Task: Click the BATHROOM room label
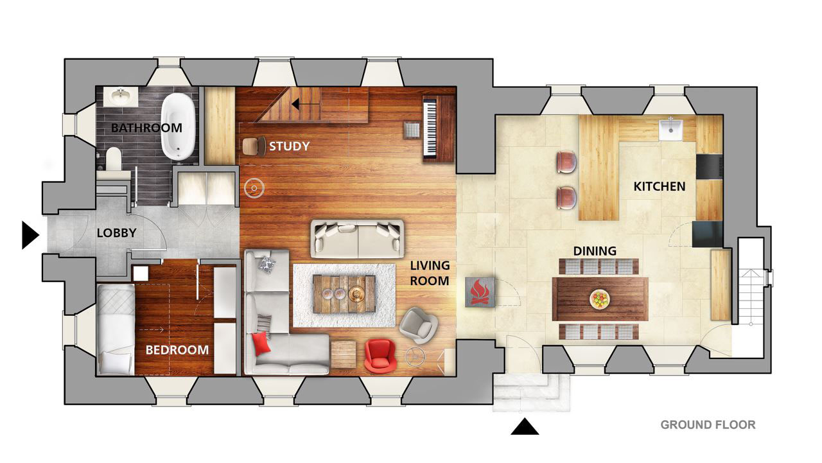point(146,128)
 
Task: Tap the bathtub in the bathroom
point(178,127)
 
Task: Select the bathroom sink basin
point(120,96)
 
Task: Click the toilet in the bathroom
point(114,159)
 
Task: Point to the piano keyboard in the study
point(430,128)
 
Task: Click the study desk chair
point(254,146)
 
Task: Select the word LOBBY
point(117,233)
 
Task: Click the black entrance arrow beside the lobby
point(30,235)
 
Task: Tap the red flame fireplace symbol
point(480,292)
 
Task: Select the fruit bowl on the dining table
point(600,299)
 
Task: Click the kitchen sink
point(670,129)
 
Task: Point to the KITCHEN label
point(660,187)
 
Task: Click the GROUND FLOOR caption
point(708,425)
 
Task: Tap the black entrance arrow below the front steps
point(525,426)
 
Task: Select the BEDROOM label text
point(177,350)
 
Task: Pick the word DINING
point(595,251)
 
